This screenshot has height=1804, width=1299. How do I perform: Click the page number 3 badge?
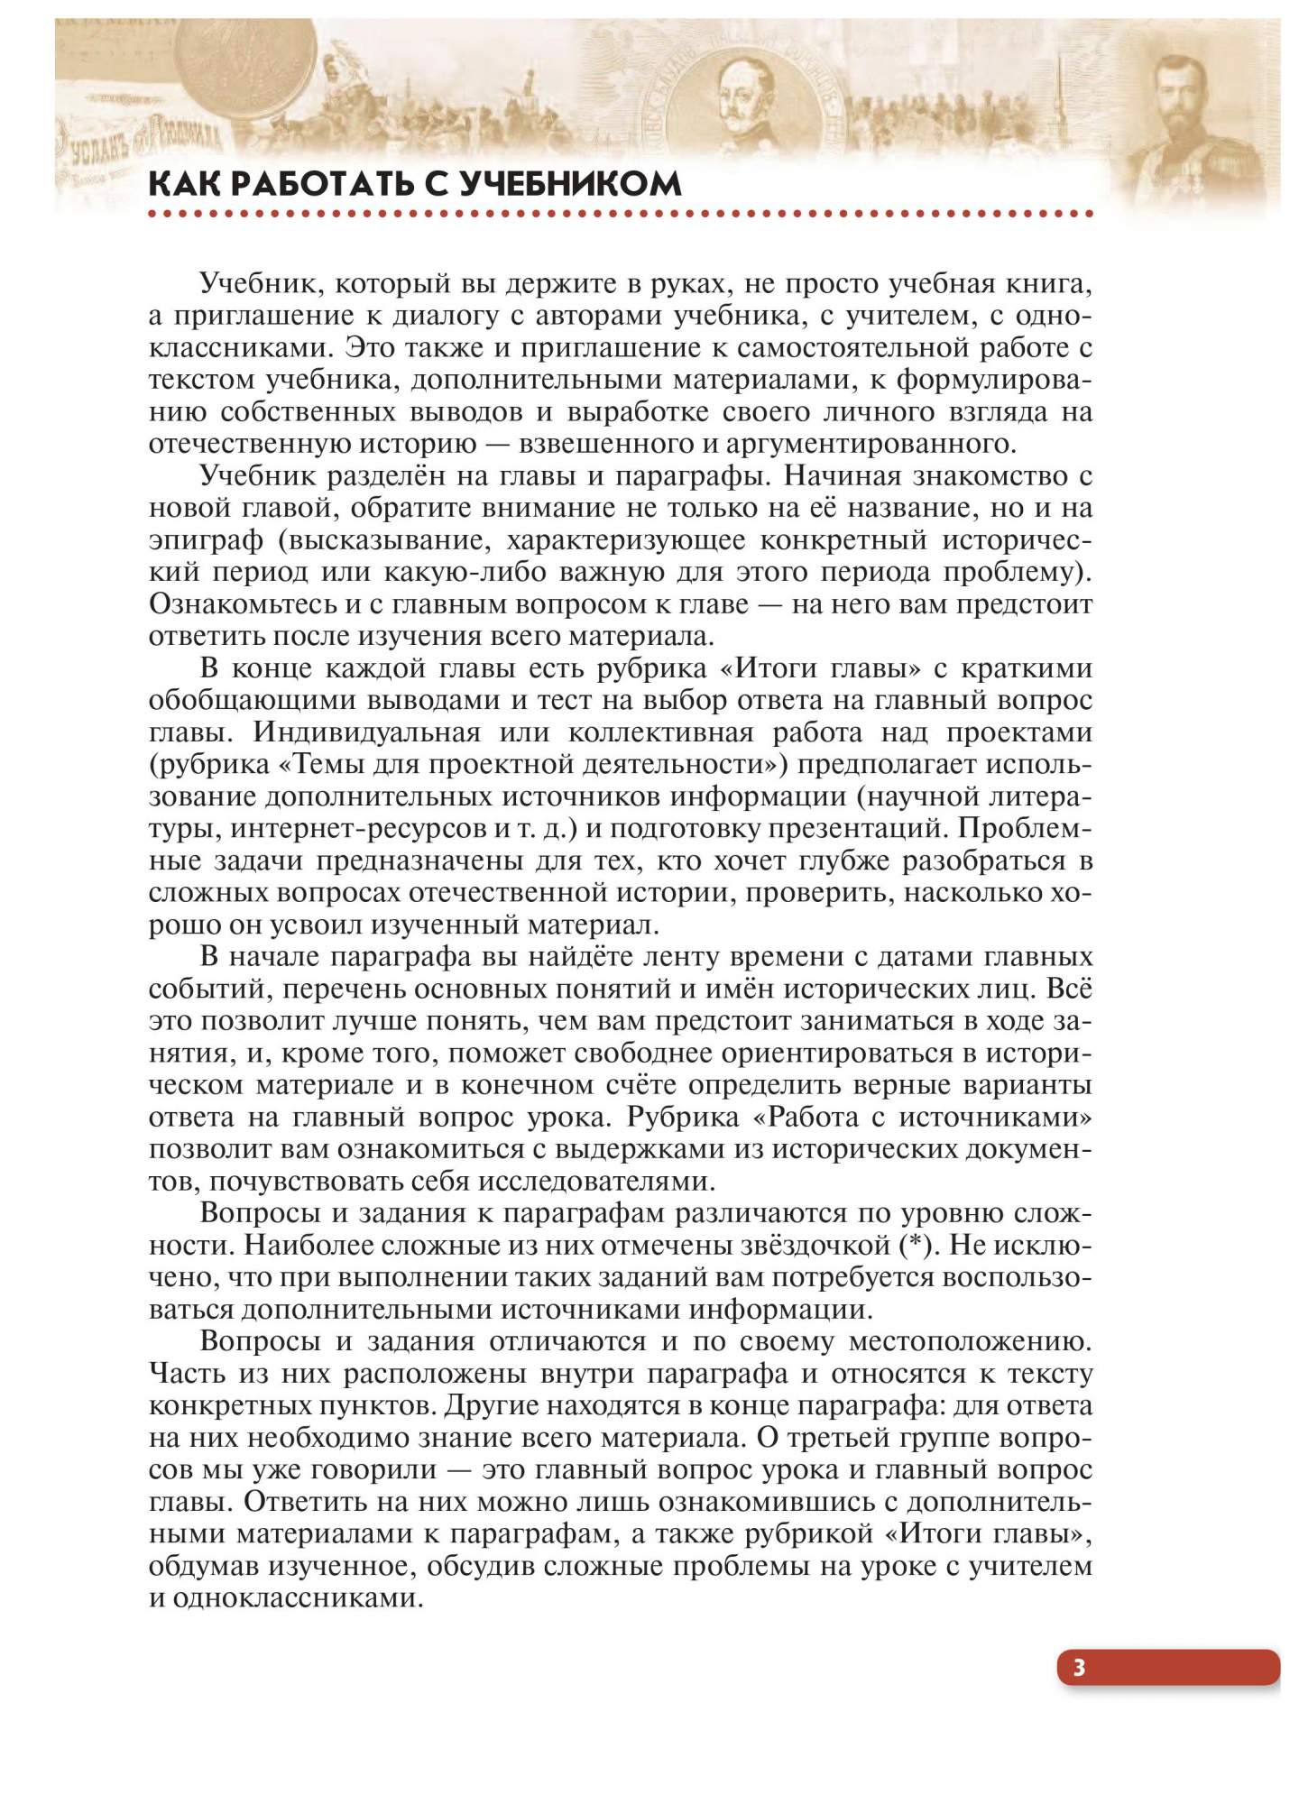coord(1079,1667)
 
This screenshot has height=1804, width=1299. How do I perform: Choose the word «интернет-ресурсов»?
coord(355,828)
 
